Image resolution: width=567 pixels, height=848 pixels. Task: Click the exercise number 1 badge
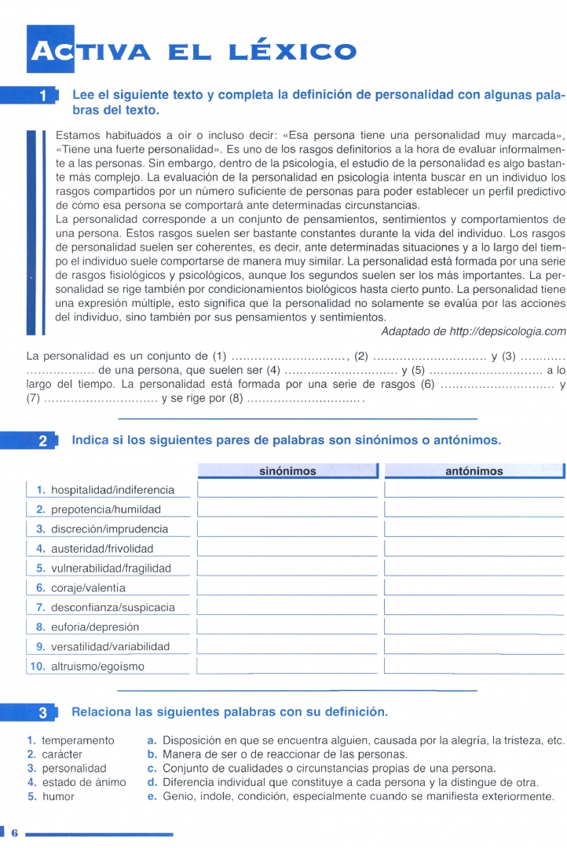pyautogui.click(x=45, y=97)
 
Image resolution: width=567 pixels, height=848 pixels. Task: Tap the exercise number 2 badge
pyautogui.click(x=44, y=441)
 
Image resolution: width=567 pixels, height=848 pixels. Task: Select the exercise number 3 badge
pyautogui.click(x=44, y=713)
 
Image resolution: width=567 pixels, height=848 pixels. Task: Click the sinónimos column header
pyautogui.click(x=287, y=471)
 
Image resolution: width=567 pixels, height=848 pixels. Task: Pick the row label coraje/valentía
pyautogui.click(x=88, y=588)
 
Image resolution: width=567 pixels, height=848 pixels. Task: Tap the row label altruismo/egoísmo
pyautogui.click(x=97, y=667)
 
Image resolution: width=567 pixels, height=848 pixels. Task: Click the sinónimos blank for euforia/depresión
pyautogui.click(x=287, y=627)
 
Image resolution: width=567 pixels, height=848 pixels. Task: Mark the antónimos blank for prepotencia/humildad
pyautogui.click(x=474, y=509)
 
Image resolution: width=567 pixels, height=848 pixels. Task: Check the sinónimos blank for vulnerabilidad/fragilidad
pyautogui.click(x=287, y=568)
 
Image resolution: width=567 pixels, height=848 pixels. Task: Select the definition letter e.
pyautogui.click(x=152, y=797)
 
